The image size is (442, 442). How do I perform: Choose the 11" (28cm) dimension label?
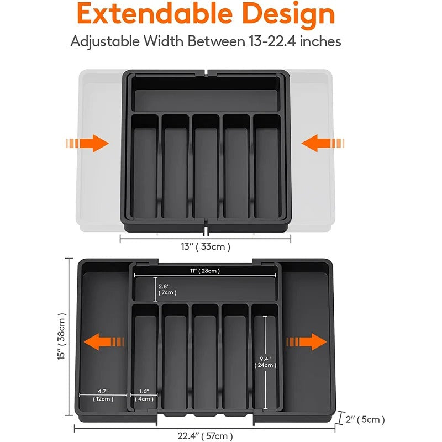205,270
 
